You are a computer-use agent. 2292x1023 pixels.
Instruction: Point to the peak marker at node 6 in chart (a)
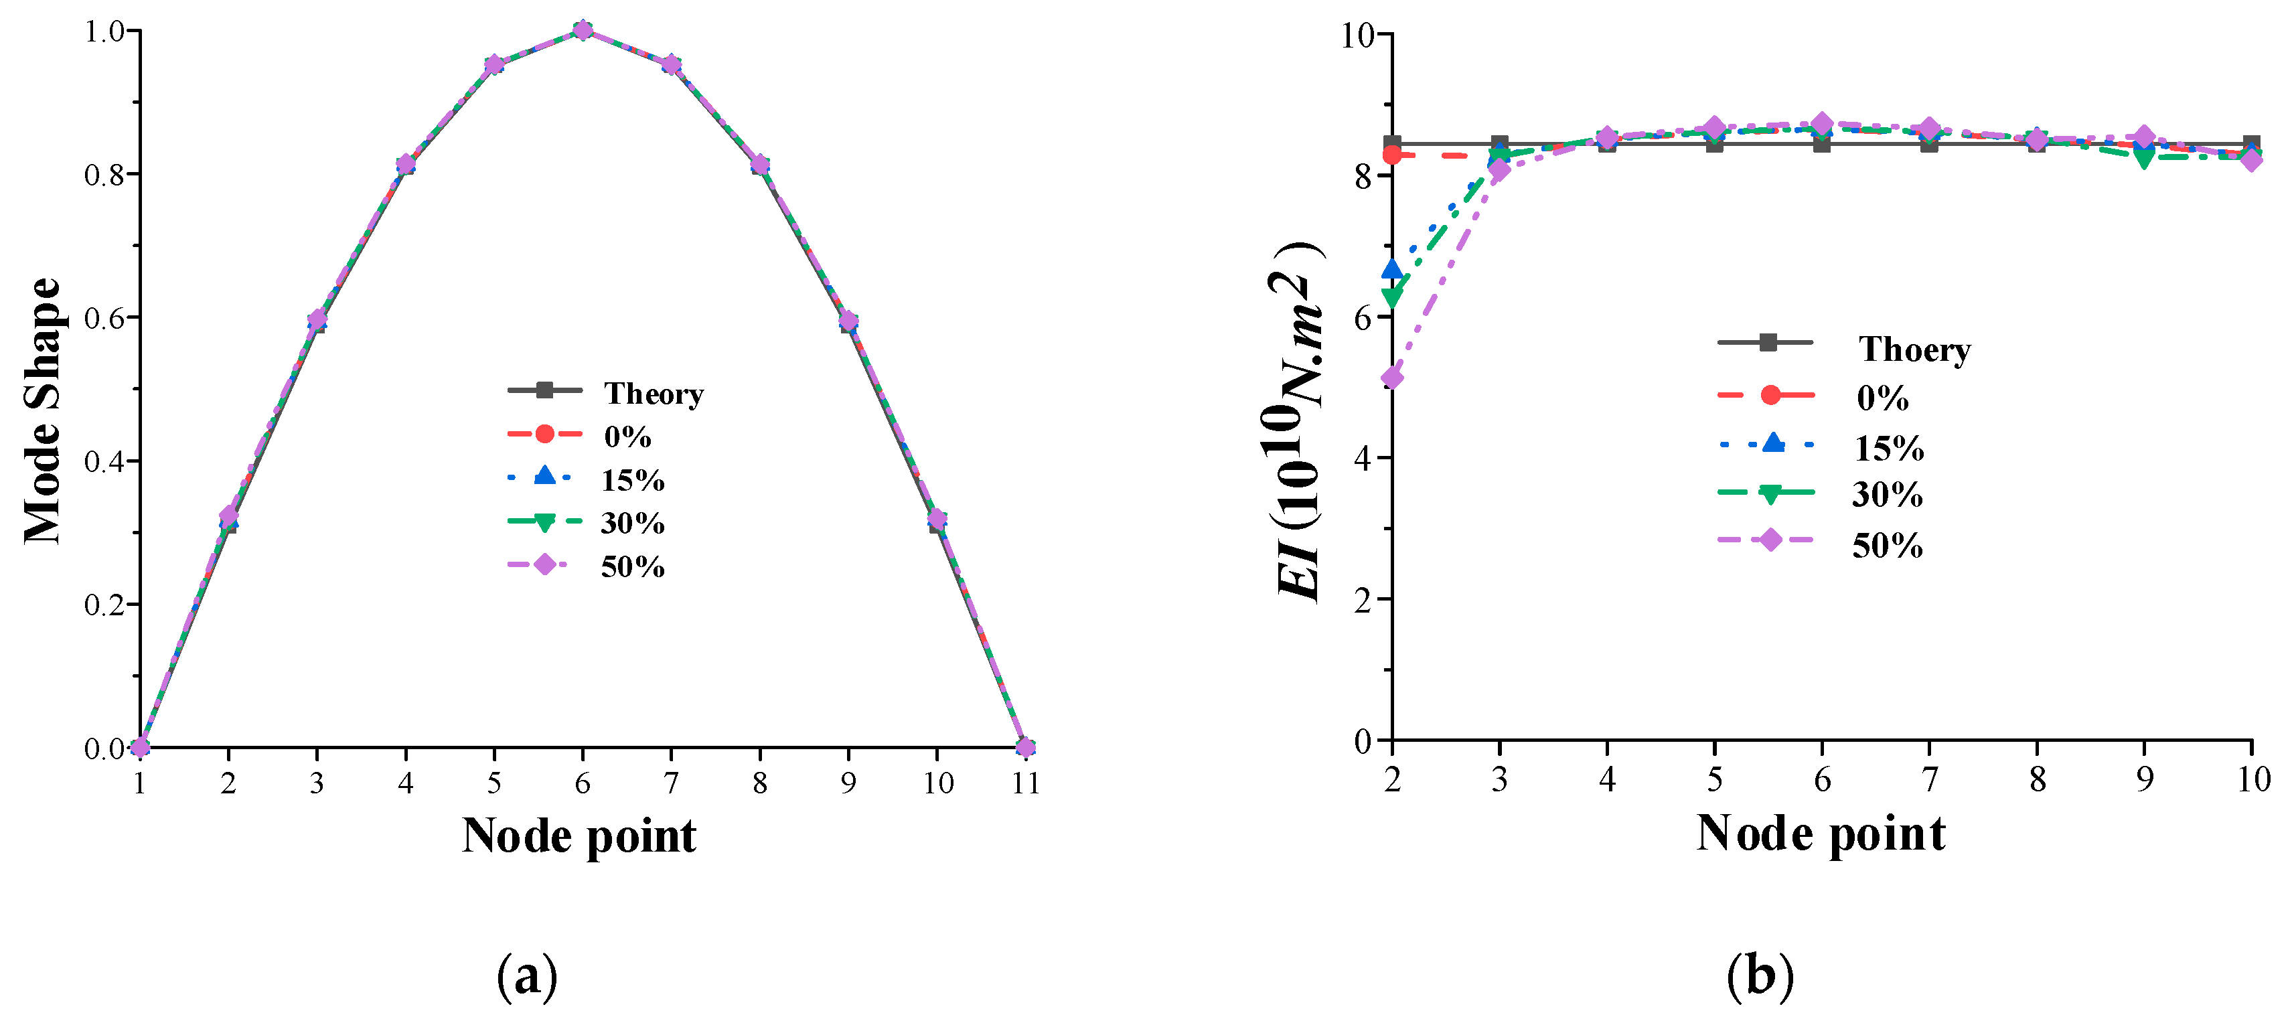click(583, 30)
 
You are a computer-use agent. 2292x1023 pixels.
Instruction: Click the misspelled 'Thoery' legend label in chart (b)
click(1914, 349)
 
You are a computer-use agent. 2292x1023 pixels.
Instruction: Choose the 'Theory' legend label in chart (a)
click(654, 393)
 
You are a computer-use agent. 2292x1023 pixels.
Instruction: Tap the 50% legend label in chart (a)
click(633, 566)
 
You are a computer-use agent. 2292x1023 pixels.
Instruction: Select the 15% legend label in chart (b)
click(1889, 449)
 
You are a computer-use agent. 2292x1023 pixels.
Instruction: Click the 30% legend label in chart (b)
click(1887, 495)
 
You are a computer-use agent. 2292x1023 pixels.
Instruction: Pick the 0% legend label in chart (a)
click(627, 436)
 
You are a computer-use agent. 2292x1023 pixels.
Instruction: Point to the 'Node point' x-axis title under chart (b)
click(1821, 834)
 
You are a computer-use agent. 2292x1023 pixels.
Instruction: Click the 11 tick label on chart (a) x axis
click(1025, 783)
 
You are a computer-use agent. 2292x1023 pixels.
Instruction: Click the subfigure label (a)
click(527, 977)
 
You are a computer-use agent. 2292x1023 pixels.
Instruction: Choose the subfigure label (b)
click(1759, 977)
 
